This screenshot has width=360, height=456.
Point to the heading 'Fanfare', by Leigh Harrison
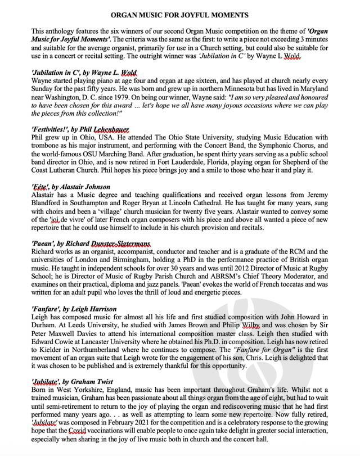74,309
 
